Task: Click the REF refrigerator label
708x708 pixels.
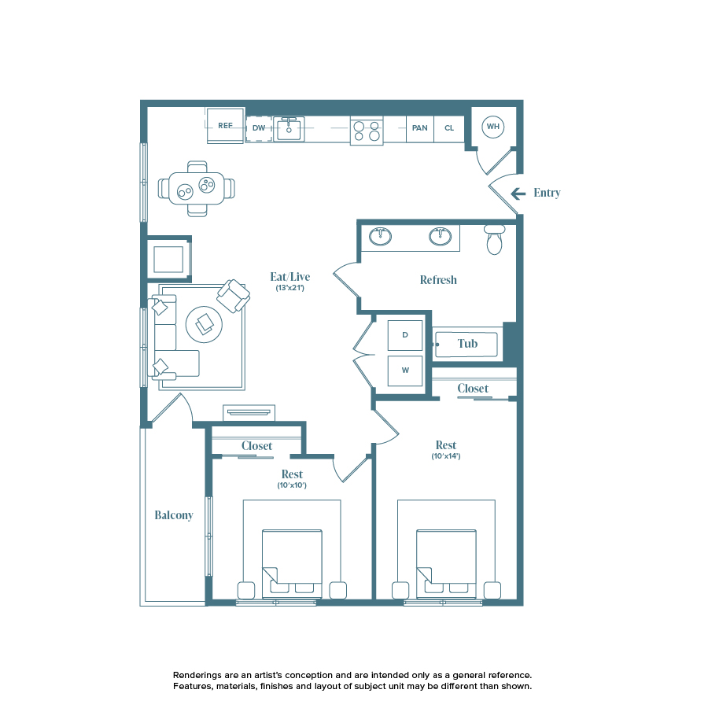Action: (x=226, y=126)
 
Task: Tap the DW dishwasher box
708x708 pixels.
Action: (x=259, y=127)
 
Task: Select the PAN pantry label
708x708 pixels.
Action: (x=420, y=127)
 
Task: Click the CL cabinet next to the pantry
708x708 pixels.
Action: (x=449, y=127)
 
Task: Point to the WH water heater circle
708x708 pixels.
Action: (x=492, y=126)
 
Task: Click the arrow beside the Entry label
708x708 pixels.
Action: (x=518, y=194)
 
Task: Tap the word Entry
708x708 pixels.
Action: (x=547, y=193)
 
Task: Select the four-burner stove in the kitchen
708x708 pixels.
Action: (x=367, y=131)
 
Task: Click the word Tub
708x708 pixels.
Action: (x=468, y=344)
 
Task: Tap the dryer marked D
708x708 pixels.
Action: (x=405, y=335)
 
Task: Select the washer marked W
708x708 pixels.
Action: (x=405, y=370)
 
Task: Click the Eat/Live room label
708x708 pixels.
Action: (x=290, y=276)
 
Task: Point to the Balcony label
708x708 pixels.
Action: (x=174, y=515)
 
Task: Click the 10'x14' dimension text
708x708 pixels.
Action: (x=446, y=456)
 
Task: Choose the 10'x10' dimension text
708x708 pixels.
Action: (x=292, y=485)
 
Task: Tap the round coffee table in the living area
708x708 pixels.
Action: (x=205, y=321)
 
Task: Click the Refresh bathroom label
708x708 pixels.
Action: (x=438, y=280)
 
